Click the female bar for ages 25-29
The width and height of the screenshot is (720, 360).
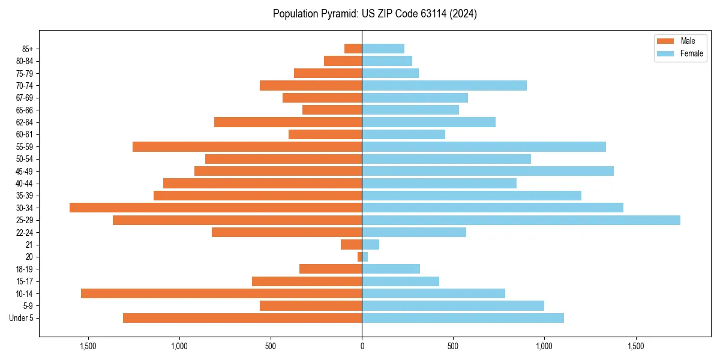521,220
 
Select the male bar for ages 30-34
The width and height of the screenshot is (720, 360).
216,208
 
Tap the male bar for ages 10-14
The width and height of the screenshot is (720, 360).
221,293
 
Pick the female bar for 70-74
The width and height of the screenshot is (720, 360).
444,85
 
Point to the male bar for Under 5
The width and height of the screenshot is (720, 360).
242,318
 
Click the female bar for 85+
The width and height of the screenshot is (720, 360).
383,49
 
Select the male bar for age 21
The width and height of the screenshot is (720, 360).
351,245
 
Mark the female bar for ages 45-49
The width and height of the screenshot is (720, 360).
488,171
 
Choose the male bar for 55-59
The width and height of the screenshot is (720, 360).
247,146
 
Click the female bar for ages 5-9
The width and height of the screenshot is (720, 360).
453,306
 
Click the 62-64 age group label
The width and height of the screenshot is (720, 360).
25,122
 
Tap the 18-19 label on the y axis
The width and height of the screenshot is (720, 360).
25,269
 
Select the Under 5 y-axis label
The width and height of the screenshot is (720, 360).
22,318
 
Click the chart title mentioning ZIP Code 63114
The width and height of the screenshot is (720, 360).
375,14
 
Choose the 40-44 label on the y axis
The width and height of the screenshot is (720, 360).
25,184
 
